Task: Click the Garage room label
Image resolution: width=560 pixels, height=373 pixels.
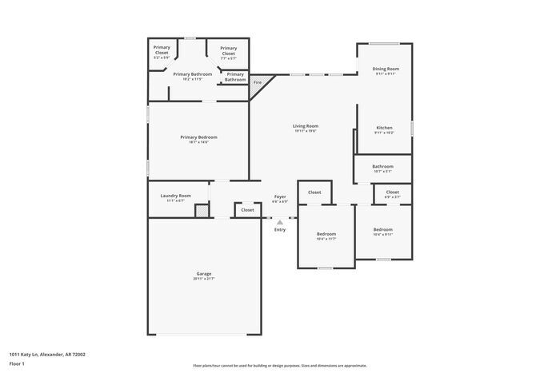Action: pyautogui.click(x=204, y=274)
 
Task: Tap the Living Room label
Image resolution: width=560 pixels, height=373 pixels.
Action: pyautogui.click(x=305, y=126)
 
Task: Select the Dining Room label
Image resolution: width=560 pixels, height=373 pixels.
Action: pyautogui.click(x=385, y=69)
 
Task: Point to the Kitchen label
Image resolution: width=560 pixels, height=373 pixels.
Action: pyautogui.click(x=385, y=128)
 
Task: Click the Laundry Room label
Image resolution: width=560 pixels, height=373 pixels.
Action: pyautogui.click(x=175, y=196)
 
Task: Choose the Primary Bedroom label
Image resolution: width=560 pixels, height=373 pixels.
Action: pyautogui.click(x=198, y=137)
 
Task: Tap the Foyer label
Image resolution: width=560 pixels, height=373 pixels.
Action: pyautogui.click(x=280, y=196)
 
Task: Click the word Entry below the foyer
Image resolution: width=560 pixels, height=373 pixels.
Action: pyautogui.click(x=280, y=230)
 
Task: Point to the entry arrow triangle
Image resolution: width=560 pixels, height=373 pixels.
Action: pyautogui.click(x=280, y=223)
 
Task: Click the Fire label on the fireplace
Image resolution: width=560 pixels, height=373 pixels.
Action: pyautogui.click(x=258, y=82)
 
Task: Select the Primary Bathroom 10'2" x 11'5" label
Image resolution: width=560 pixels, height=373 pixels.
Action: pyautogui.click(x=192, y=74)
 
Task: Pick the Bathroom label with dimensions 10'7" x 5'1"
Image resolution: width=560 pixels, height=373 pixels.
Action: pyautogui.click(x=382, y=167)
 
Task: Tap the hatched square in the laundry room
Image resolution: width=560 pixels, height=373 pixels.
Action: pyautogui.click(x=202, y=210)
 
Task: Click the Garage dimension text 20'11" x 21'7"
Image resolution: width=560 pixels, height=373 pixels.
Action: pyautogui.click(x=204, y=279)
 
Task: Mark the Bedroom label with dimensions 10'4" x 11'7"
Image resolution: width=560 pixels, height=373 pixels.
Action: pyautogui.click(x=326, y=234)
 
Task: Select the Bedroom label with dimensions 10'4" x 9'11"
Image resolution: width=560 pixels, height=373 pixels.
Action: pyautogui.click(x=382, y=230)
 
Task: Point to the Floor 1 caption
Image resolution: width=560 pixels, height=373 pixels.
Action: pyautogui.click(x=17, y=364)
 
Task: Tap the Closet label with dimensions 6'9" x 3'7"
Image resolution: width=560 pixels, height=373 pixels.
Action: pyautogui.click(x=392, y=192)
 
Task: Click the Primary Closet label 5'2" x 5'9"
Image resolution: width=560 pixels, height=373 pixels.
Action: pyautogui.click(x=162, y=50)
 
